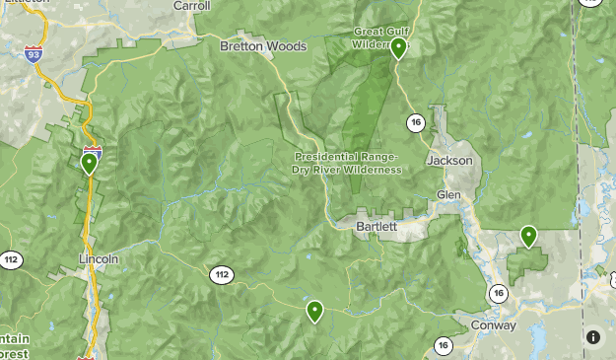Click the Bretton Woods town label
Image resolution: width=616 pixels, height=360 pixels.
(263, 46)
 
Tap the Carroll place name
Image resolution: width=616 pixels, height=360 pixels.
(191, 6)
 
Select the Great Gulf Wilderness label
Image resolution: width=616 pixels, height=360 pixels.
(380, 36)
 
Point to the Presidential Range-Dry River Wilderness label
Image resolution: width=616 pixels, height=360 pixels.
(347, 163)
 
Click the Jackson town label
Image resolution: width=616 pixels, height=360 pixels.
(450, 160)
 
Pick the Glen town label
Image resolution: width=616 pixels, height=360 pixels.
(448, 194)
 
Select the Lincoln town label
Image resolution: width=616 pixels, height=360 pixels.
(99, 258)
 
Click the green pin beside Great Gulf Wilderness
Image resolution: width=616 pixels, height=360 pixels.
(398, 47)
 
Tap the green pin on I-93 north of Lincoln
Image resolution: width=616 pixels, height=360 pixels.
(90, 162)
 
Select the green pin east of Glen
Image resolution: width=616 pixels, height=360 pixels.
(528, 236)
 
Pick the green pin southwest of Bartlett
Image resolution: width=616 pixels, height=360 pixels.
(314, 311)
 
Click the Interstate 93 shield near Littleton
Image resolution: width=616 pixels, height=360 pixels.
(34, 51)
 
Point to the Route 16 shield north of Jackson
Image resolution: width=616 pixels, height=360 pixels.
(414, 122)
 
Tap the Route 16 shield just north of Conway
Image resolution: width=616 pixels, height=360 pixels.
(499, 293)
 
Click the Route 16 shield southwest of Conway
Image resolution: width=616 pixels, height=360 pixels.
(443, 345)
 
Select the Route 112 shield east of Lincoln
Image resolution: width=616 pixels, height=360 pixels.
(220, 273)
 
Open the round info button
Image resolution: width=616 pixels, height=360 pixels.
(592, 337)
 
